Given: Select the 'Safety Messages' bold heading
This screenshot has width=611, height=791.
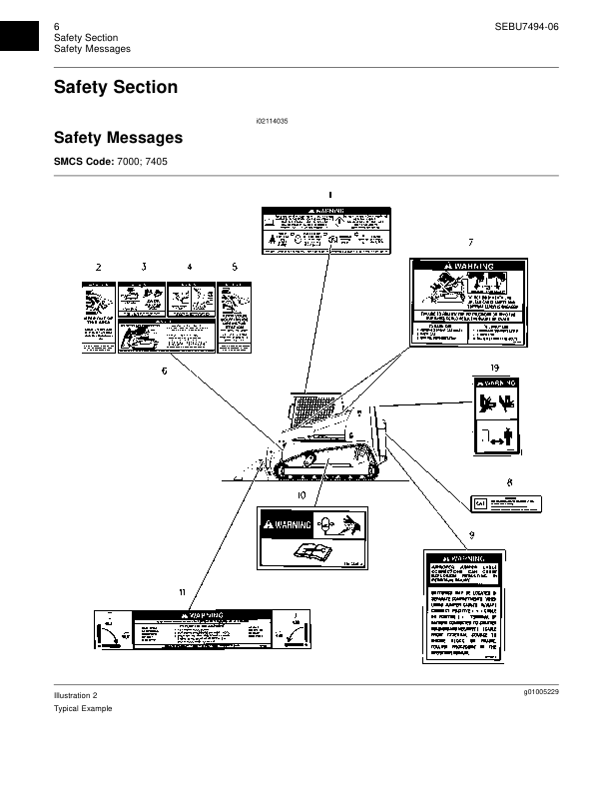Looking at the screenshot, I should [x=118, y=137].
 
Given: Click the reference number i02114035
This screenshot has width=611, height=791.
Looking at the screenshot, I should [x=272, y=120].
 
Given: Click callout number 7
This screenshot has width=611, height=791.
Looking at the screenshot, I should [x=470, y=242].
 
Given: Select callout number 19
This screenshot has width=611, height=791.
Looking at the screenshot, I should [x=494, y=369].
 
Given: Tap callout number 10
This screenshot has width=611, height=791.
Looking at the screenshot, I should [x=302, y=494].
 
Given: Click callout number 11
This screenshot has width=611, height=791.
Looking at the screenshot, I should [x=182, y=593].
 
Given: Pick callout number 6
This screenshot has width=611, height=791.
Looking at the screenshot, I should [x=164, y=371].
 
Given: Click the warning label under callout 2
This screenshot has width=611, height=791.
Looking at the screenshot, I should [x=97, y=317].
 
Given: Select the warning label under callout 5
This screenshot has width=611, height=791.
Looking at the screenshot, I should [x=235, y=317].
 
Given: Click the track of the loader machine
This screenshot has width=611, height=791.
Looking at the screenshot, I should [x=329, y=465].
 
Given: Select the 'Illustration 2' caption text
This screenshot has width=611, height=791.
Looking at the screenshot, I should [x=76, y=694].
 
